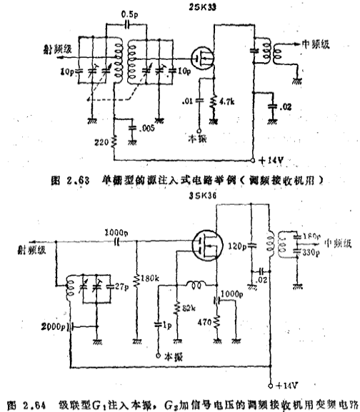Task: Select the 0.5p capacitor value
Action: [129, 14]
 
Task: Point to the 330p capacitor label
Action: [311, 252]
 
